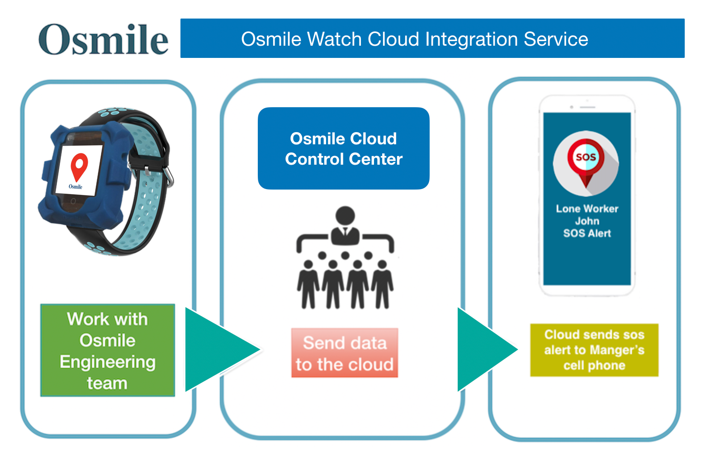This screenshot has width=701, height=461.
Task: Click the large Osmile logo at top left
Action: [103, 39]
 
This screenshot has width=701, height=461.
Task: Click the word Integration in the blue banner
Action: [471, 39]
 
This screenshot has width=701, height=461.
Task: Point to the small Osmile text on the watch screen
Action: [76, 186]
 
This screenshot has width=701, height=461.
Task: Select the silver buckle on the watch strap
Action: [169, 177]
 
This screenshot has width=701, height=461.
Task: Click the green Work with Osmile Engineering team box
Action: [108, 350]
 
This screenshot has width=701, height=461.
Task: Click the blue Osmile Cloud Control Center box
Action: [344, 148]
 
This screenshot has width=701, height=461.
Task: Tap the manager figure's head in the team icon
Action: [345, 215]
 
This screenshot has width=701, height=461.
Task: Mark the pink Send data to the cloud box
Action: [345, 353]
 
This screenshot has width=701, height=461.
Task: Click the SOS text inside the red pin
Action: [586, 157]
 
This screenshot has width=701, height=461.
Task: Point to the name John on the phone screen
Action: [587, 221]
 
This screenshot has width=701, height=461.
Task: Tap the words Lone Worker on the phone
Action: [587, 209]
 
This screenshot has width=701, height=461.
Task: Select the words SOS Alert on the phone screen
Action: [587, 233]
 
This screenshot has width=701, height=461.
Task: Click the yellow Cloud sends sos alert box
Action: [594, 350]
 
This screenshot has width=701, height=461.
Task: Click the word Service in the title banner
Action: [556, 39]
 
